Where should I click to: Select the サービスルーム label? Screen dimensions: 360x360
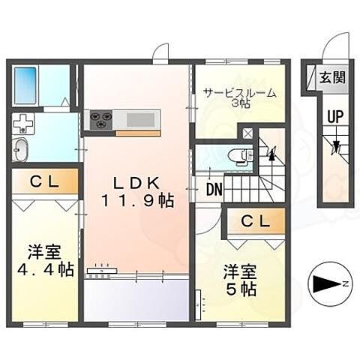coord(238,94)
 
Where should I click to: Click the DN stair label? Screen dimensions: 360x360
coord(213,190)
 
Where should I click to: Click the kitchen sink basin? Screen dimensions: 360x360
coord(141,118)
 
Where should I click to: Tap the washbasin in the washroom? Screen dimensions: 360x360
coord(19,148)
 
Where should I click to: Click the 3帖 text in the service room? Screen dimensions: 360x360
coord(238,106)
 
